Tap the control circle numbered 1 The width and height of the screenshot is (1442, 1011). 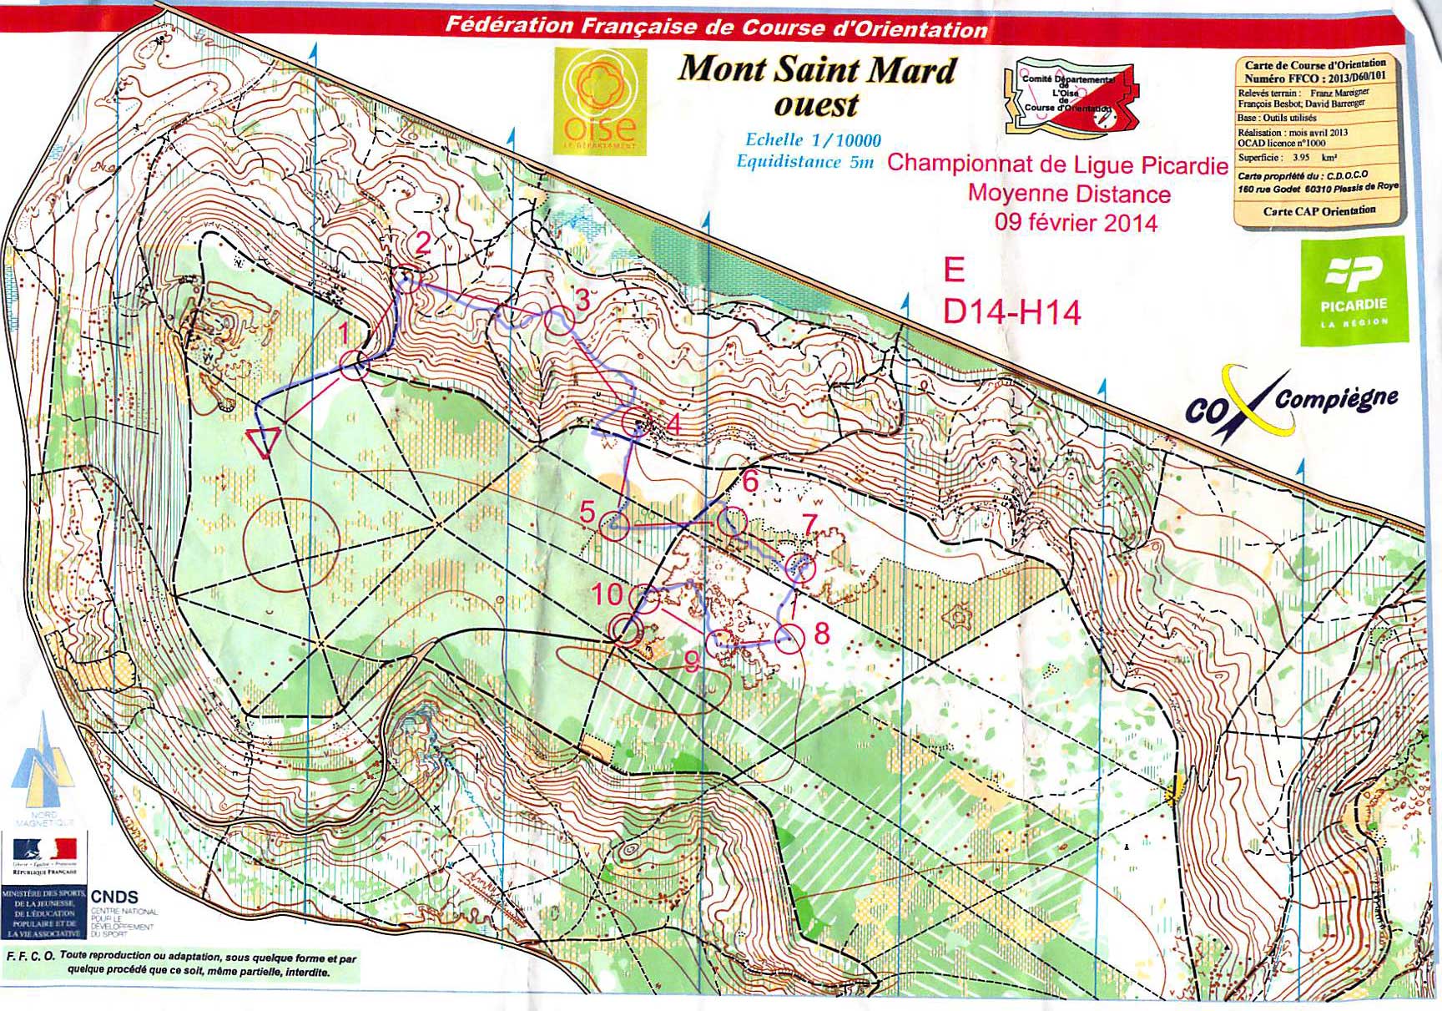tap(355, 366)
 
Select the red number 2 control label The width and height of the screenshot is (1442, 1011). tap(423, 244)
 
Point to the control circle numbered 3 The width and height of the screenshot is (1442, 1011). tap(559, 320)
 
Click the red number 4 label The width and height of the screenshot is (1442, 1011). tap(673, 425)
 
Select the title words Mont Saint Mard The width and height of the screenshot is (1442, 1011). tap(815, 68)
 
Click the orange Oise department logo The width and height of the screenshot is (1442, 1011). tap(599, 100)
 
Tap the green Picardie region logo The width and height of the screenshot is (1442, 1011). tap(1354, 291)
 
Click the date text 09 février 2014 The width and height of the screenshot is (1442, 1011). tap(1076, 222)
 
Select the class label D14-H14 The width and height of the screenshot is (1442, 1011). tap(1011, 312)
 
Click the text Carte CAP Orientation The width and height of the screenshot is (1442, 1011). tap(1318, 211)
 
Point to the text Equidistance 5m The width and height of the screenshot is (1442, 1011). tap(804, 161)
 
